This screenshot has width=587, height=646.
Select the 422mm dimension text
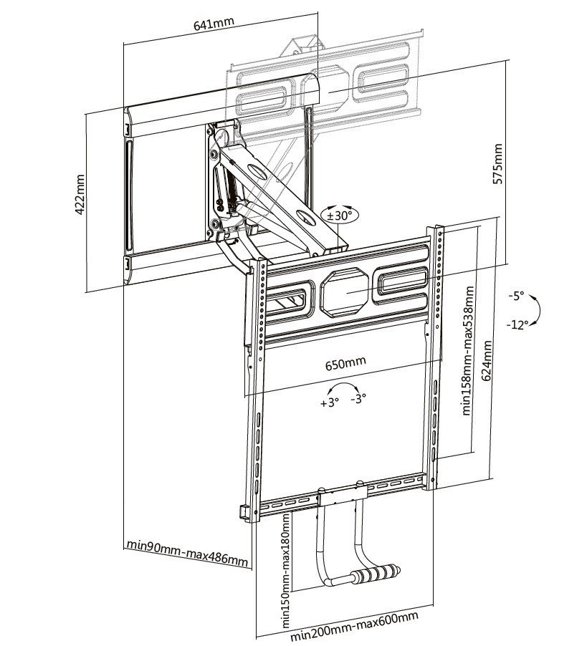click(x=81, y=195)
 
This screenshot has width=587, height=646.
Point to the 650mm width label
click(x=345, y=362)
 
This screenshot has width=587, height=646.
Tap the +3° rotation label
click(x=328, y=403)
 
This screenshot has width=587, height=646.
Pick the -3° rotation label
click(x=358, y=397)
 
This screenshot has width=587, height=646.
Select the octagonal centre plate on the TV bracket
click(x=347, y=292)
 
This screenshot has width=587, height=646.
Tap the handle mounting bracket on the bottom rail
click(x=343, y=496)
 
